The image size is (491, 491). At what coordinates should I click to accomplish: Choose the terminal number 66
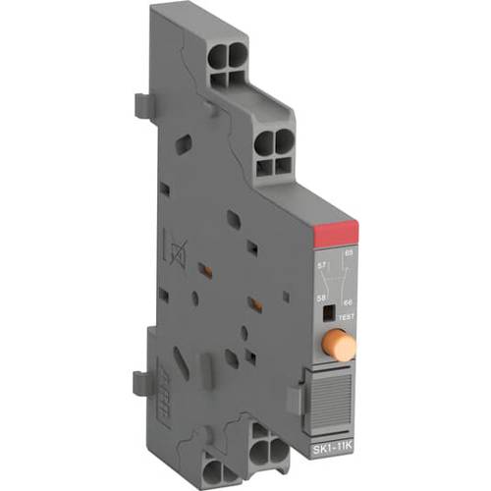click(x=348, y=302)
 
